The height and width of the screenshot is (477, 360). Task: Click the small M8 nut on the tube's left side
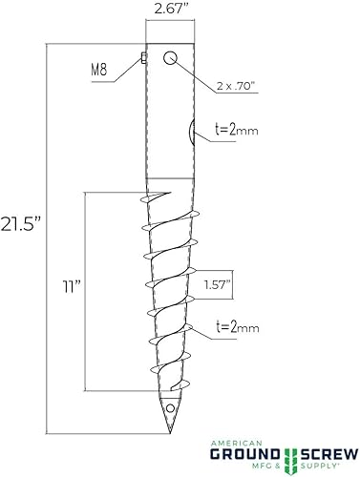pyautogui.click(x=143, y=57)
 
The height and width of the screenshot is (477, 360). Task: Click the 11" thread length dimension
pyautogui.click(x=68, y=285)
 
